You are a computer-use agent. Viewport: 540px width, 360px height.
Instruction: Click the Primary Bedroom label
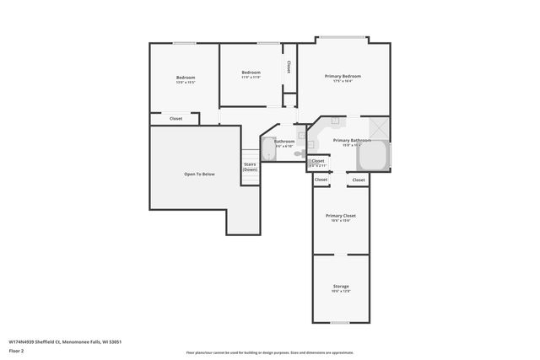point(343,76)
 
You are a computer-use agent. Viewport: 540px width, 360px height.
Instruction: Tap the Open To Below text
point(199,174)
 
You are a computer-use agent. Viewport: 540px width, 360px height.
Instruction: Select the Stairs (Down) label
point(250,167)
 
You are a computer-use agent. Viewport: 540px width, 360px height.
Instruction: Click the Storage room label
point(341,287)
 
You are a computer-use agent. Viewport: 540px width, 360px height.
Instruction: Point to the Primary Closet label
point(341,216)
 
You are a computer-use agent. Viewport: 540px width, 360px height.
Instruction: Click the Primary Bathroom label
point(352,140)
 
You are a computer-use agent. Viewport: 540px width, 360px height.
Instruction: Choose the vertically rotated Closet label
point(289,66)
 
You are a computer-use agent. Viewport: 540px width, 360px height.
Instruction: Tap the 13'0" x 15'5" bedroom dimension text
point(186,83)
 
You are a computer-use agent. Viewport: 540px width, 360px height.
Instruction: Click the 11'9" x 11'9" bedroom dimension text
point(251,78)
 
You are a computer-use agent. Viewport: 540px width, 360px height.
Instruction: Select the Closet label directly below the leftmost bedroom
point(175,119)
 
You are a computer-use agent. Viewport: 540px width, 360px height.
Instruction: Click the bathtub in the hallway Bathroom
point(268,150)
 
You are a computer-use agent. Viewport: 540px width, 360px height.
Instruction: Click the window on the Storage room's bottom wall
point(341,323)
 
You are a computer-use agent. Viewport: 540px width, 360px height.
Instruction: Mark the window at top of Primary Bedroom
point(342,37)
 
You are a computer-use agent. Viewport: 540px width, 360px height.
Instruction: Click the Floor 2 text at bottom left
point(18,352)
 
